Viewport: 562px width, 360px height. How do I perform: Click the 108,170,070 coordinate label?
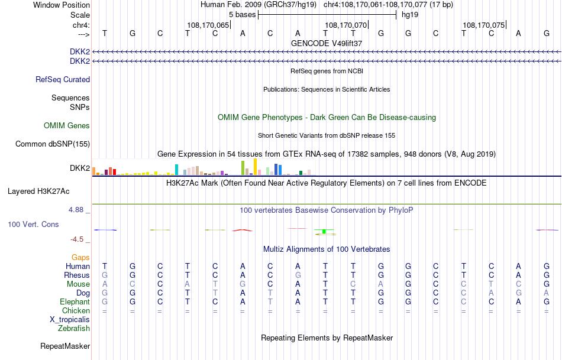[346, 25]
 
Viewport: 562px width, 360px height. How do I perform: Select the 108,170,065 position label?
[208, 25]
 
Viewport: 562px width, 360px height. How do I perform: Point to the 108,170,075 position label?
[484, 25]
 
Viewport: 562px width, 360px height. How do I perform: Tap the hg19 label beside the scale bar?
[410, 14]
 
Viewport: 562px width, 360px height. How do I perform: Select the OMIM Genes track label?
[67, 125]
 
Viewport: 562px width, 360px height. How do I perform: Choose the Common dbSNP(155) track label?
[53, 144]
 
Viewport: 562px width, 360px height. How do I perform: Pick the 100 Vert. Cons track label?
[34, 225]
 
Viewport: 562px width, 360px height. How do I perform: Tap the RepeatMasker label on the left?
[65, 346]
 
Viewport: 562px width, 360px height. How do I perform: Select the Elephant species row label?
[72, 301]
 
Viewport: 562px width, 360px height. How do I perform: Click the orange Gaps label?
[80, 257]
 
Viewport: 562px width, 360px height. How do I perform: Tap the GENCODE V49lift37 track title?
[327, 43]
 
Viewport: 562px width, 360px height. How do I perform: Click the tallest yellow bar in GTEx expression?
[255, 167]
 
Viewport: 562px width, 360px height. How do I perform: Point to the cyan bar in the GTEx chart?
[176, 170]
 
